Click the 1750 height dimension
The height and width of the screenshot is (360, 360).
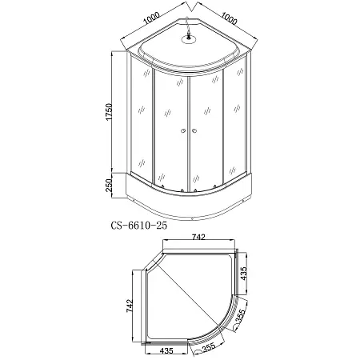tap(109, 112)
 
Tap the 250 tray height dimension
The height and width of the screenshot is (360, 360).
tap(109, 185)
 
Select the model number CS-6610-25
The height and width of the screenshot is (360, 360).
tap(139, 226)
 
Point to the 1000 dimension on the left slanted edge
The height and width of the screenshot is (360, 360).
tap(151, 18)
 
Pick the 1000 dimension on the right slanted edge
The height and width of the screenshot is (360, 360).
tap(229, 18)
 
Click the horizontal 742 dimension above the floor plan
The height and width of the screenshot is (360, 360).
tap(198, 237)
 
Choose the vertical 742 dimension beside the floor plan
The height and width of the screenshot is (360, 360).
tap(129, 306)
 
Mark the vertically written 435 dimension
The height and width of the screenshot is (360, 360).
tap(244, 274)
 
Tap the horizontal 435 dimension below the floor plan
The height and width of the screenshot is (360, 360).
tap(166, 350)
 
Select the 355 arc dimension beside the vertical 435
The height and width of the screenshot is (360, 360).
tap(240, 317)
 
